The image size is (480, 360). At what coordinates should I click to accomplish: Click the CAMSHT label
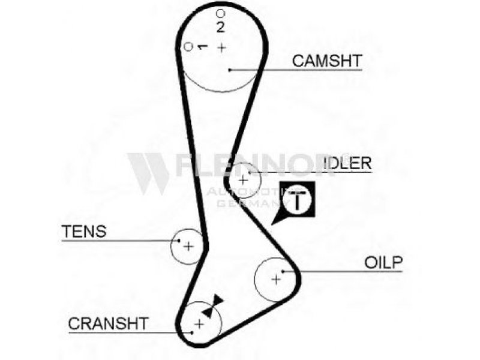click(x=327, y=61)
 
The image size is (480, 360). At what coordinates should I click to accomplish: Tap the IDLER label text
click(x=348, y=163)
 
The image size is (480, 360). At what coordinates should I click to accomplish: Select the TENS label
click(x=84, y=232)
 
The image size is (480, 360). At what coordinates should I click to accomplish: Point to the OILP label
click(x=383, y=262)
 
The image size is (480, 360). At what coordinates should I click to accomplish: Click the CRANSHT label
click(x=109, y=323)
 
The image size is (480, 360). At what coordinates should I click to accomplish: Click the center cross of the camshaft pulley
click(x=221, y=47)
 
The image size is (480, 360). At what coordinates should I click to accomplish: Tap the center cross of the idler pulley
click(x=243, y=180)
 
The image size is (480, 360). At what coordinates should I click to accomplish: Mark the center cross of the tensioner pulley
click(x=188, y=246)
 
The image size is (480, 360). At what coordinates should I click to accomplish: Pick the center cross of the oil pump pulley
click(x=276, y=279)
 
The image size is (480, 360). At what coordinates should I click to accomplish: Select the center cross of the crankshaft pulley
click(x=199, y=323)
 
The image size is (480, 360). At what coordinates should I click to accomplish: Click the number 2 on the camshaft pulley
click(x=220, y=27)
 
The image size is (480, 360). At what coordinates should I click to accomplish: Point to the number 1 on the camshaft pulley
click(x=202, y=47)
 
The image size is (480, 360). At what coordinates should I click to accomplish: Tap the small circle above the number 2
click(x=220, y=13)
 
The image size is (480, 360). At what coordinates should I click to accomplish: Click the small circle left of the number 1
click(x=188, y=47)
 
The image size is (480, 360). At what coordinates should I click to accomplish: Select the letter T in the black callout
click(x=297, y=200)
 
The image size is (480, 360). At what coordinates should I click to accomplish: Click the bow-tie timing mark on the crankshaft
click(x=213, y=306)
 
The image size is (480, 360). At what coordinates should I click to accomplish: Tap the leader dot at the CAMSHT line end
click(x=230, y=70)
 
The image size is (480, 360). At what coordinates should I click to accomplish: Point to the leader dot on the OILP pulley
click(x=283, y=271)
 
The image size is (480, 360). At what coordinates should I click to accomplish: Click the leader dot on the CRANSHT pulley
click(x=191, y=333)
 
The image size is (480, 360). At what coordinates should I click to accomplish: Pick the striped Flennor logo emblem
click(x=148, y=173)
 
